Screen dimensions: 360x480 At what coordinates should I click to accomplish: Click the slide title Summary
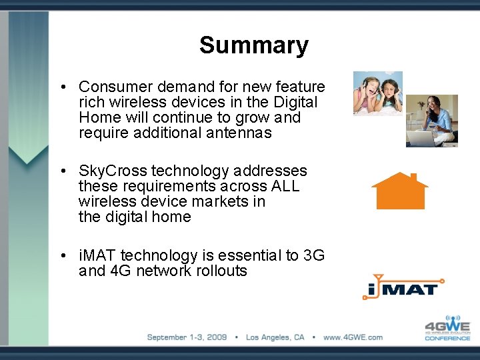tap(253, 45)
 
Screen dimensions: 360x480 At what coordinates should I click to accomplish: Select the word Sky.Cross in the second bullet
tap(110, 171)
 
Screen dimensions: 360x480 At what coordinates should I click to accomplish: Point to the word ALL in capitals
tap(285, 186)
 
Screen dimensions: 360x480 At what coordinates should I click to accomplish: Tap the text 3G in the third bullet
tap(313, 255)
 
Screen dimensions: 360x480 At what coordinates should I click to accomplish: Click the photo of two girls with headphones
tap(377, 93)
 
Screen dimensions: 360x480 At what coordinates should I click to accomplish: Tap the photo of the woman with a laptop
tap(431, 120)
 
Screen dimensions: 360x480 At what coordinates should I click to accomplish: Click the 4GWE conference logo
tap(448, 328)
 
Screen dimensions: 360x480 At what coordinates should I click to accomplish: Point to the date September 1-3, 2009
tap(187, 337)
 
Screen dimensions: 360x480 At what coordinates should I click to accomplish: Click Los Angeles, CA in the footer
tap(275, 337)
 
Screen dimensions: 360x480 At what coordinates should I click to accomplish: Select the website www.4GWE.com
tap(353, 337)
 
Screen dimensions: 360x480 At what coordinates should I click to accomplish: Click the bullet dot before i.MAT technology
tap(61, 256)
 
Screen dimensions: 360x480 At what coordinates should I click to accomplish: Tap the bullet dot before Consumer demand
tap(61, 87)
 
